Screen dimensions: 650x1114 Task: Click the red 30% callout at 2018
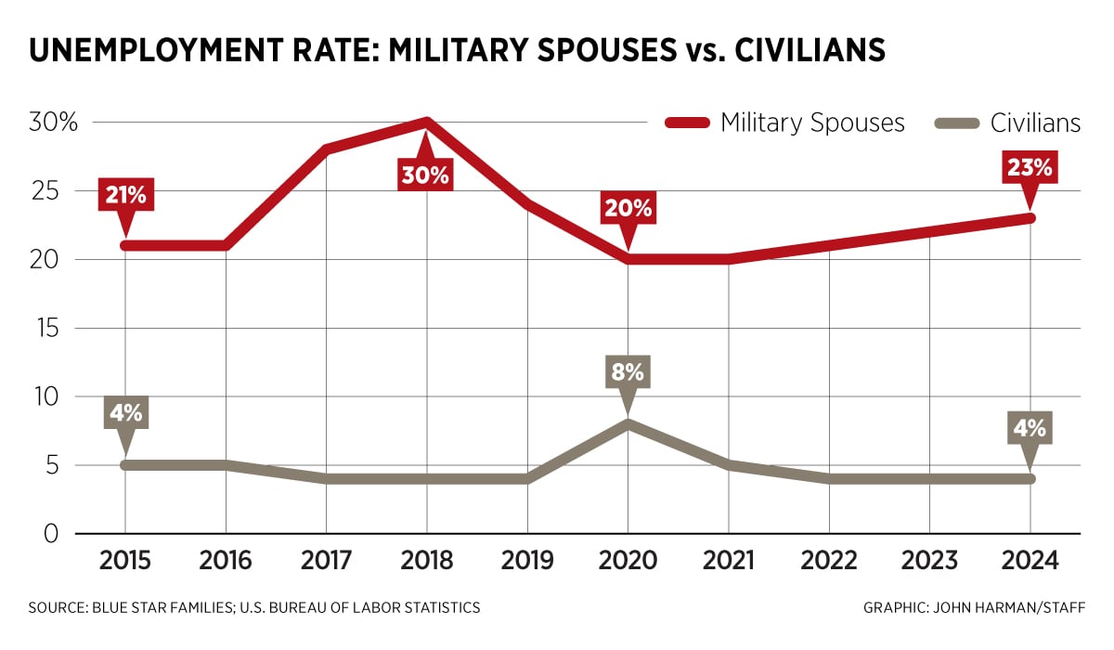(x=425, y=174)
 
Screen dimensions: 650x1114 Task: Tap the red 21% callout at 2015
(x=123, y=197)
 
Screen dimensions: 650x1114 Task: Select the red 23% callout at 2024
(x=1030, y=168)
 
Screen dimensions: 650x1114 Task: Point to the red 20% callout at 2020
(x=627, y=209)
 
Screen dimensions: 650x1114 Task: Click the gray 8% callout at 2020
(x=627, y=372)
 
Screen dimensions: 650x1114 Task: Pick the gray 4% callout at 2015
(x=123, y=413)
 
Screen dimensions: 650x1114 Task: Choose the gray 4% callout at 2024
(x=1030, y=428)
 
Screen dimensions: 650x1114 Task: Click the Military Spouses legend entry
(x=784, y=123)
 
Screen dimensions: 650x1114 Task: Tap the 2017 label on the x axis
(x=325, y=561)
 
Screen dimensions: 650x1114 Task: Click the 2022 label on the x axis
(x=828, y=561)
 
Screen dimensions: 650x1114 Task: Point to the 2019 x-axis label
(x=526, y=561)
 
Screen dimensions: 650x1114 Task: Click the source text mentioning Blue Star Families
(x=254, y=608)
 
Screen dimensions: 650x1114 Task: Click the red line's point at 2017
(x=325, y=149)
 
